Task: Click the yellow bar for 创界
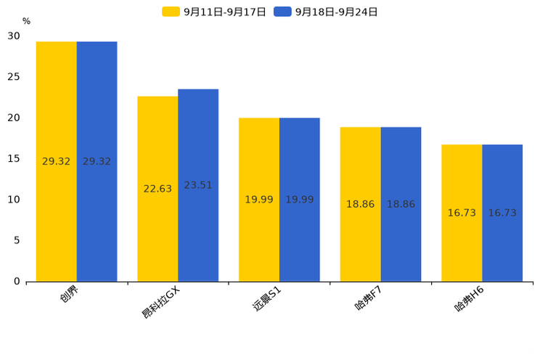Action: tap(56, 162)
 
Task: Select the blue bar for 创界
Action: tap(97, 162)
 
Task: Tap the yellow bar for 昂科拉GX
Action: tap(157, 189)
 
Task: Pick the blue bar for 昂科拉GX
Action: tap(198, 185)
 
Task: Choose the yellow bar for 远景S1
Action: tap(259, 200)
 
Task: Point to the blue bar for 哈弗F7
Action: tap(401, 204)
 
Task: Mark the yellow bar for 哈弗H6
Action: tap(462, 213)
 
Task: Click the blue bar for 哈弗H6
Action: tap(502, 213)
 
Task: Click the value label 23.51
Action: tap(198, 185)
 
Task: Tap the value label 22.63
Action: tap(157, 189)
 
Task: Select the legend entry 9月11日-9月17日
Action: tap(214, 12)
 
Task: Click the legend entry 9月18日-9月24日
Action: tap(325, 12)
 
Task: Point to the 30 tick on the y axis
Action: tap(14, 36)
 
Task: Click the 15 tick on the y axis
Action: tap(14, 159)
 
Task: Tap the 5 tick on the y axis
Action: tap(17, 240)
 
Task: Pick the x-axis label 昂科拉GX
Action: tap(161, 302)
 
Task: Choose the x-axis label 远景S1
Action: tap(267, 299)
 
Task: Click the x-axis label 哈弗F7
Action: tap(369, 298)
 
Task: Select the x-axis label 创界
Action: tap(69, 294)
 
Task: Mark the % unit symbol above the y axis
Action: tap(27, 21)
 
